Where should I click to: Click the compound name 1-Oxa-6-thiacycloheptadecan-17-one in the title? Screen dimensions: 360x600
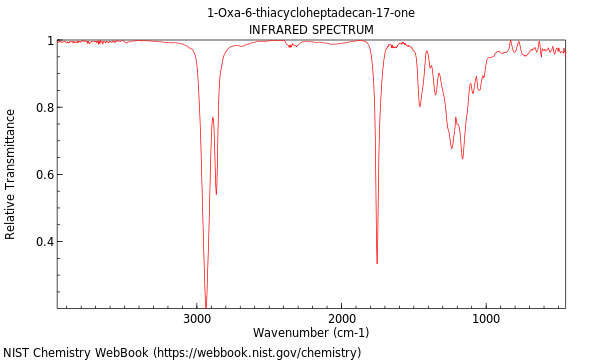pos(311,13)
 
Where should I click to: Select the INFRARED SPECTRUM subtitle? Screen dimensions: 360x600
pos(311,30)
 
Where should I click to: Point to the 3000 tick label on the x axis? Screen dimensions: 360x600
pos(197,319)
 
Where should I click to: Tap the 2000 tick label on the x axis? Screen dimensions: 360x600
pos(342,319)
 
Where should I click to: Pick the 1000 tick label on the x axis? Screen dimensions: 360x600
pos(486,319)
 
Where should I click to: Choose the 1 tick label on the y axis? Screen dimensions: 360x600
pos(49,41)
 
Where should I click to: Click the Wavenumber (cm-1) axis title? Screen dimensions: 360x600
pos(311,333)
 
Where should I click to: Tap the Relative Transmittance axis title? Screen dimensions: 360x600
pos(11,175)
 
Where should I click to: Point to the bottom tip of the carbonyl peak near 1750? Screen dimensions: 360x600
pos(377,263)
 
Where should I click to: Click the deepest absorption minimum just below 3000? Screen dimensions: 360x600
pos(206,306)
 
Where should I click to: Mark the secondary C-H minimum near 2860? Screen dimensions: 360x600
pos(216,194)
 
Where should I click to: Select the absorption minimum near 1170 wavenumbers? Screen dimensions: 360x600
pos(462,158)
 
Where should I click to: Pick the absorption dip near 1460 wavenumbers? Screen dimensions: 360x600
pos(420,106)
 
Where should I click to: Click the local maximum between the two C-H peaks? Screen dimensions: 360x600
pos(212,118)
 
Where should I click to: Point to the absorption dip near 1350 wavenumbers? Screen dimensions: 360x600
pos(435,95)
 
